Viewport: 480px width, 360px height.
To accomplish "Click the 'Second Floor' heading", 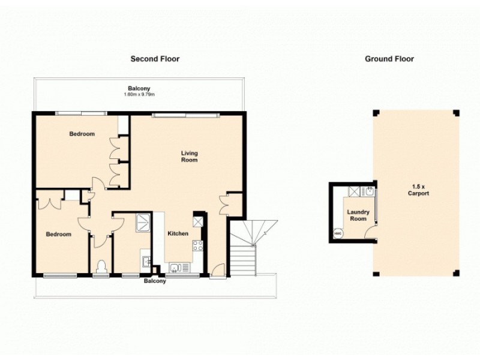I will pos(155,59).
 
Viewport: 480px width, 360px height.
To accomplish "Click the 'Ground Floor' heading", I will pos(389,59).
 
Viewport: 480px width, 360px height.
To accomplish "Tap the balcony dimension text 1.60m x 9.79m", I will pos(139,95).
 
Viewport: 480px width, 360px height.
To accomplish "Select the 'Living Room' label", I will pos(189,157).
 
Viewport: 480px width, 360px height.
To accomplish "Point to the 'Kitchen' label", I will pos(178,233).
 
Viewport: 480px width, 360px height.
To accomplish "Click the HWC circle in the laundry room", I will pos(337,234).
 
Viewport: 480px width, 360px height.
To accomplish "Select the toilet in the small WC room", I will pos(101,265).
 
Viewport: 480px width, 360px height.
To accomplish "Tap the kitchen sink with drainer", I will pos(178,268).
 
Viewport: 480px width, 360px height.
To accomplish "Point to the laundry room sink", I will pos(370,192).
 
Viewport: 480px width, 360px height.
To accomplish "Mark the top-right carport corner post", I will pos(455,113).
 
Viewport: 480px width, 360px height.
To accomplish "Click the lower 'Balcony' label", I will pos(155,281).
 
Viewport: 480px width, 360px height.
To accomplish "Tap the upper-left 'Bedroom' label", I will pos(82,134).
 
